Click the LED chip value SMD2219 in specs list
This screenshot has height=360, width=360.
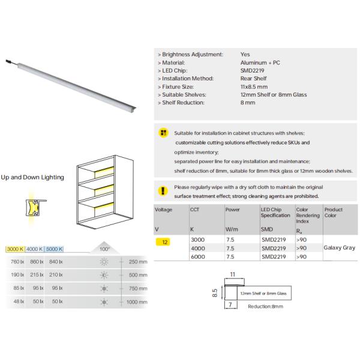pyautogui.click(x=252, y=70)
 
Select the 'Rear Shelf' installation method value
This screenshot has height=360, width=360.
pyautogui.click(x=254, y=79)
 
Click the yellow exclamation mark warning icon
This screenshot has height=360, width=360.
pyautogui.click(x=163, y=191)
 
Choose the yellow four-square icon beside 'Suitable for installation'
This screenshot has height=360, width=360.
pyautogui.click(x=163, y=133)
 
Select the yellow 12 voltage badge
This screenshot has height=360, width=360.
pyautogui.click(x=164, y=242)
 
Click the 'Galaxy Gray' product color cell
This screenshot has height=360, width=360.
pyautogui.click(x=340, y=247)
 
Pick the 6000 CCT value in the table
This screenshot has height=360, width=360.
pyautogui.click(x=197, y=256)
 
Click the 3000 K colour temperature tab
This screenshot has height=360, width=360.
pyautogui.click(x=14, y=249)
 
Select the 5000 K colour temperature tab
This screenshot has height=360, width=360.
pyautogui.click(x=53, y=249)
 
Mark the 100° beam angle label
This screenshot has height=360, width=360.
pyautogui.click(x=105, y=248)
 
